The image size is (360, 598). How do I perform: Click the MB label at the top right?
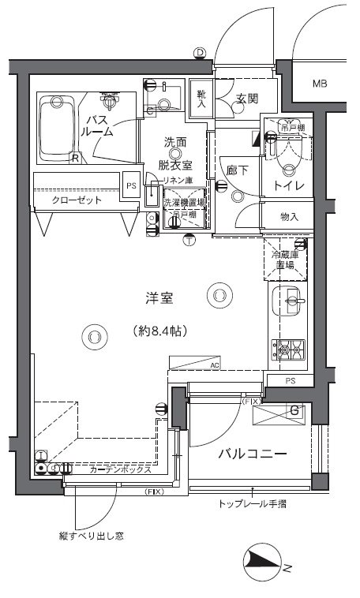pos(320,84)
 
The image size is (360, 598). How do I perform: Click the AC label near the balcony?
pos(215,365)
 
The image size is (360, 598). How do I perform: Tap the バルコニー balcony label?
pos(252,454)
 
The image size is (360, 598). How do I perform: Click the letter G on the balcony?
pos(294,410)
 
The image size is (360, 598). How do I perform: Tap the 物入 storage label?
pos(289,216)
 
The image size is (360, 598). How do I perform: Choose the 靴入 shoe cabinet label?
pos(201,99)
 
